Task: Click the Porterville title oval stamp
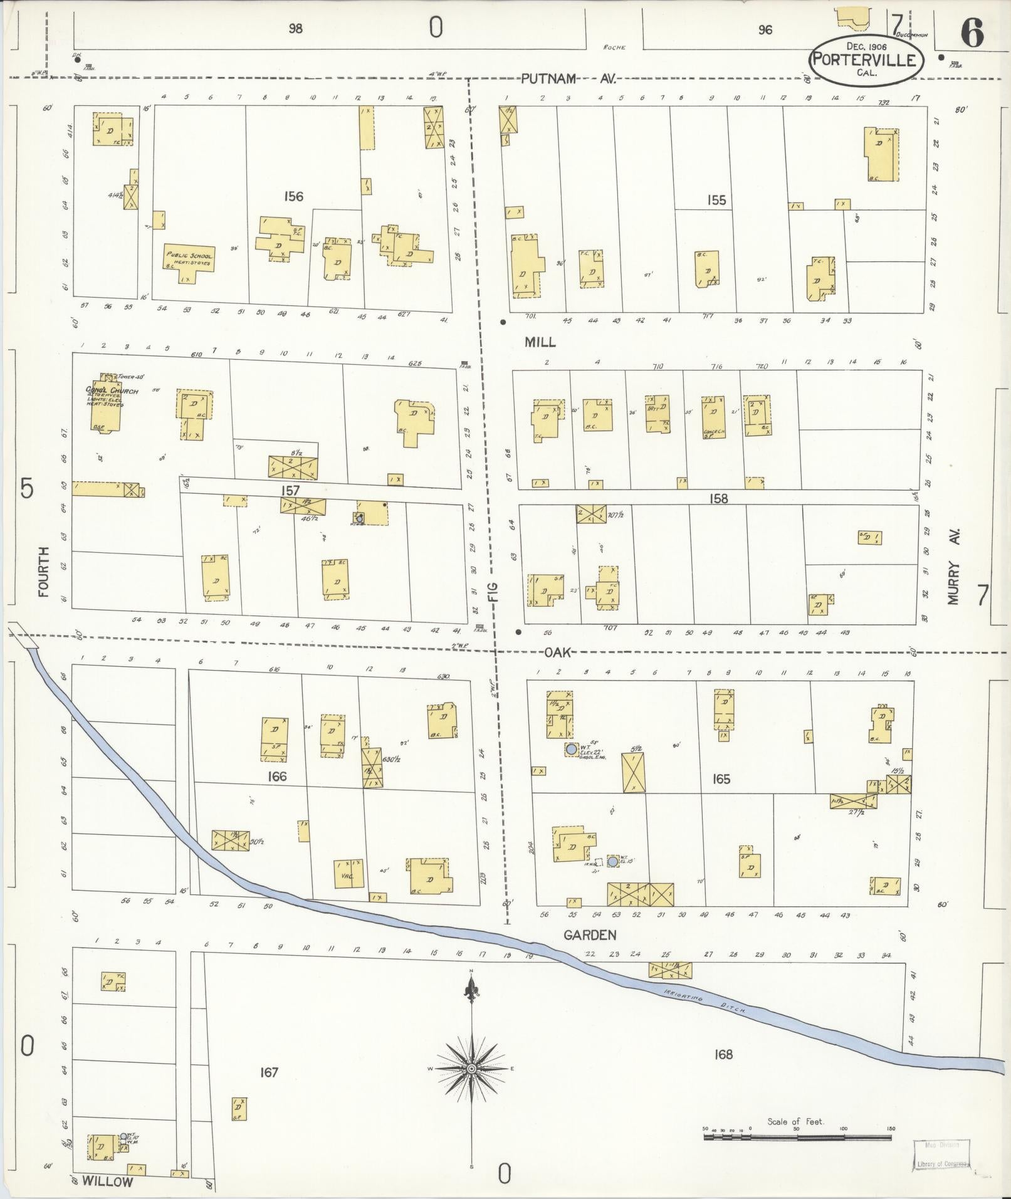[x=866, y=60]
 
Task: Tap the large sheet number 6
[x=972, y=33]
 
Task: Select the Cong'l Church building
[x=105, y=406]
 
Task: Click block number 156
[x=293, y=196]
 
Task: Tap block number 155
[x=716, y=200]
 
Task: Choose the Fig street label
[x=493, y=592]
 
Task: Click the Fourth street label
[x=43, y=571]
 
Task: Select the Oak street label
[x=557, y=652]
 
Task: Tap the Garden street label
[x=590, y=935]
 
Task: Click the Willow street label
[x=108, y=1182]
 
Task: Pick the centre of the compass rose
[x=471, y=1069]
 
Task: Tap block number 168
[x=723, y=1054]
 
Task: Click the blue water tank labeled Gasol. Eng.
[x=571, y=749]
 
